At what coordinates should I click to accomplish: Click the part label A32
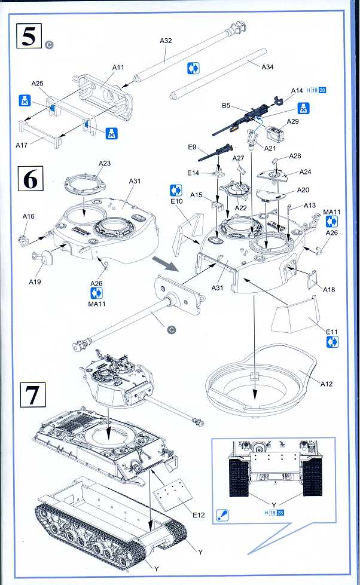(x=166, y=41)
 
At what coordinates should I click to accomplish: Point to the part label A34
(x=268, y=67)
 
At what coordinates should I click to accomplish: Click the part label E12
(x=199, y=514)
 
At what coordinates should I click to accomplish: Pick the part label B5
(x=226, y=105)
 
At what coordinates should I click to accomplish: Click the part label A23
(x=105, y=163)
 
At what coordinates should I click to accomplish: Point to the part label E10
(x=176, y=201)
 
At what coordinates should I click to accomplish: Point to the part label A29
(x=293, y=122)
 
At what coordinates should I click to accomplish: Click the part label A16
(x=28, y=216)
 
